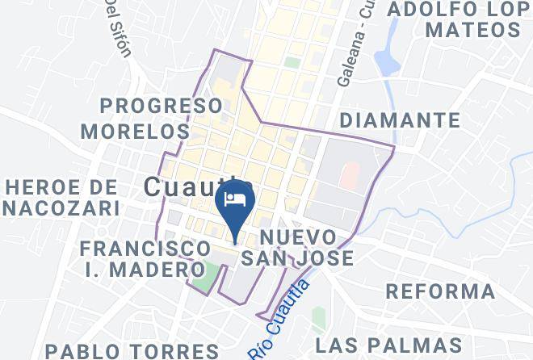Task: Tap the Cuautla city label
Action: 191,187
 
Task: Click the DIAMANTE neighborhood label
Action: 401,121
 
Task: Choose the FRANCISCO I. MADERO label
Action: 146,258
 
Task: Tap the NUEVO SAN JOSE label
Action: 308,248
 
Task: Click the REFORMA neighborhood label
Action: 441,291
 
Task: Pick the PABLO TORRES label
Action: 132,350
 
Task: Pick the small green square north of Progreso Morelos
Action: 292,62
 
